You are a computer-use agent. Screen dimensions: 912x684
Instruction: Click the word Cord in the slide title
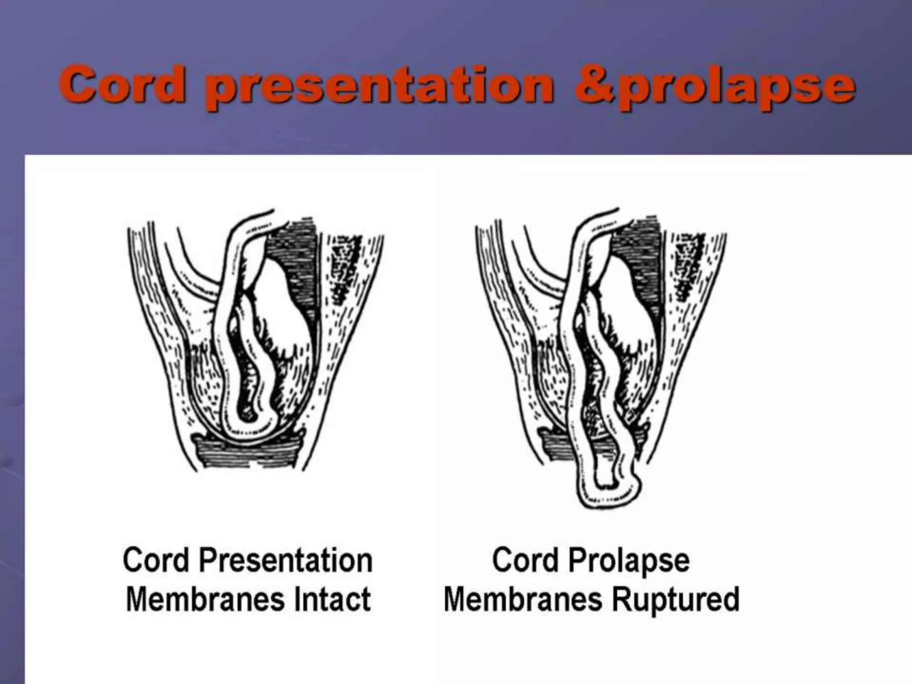tap(122, 85)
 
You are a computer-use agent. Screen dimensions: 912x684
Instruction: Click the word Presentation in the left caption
tap(285, 561)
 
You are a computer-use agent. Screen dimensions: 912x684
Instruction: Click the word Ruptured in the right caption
tap(676, 599)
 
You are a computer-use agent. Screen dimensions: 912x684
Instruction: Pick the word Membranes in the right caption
tap(523, 599)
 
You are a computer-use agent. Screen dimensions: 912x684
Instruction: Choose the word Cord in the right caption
tap(525, 561)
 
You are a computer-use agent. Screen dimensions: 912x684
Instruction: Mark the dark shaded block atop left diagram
tap(296, 258)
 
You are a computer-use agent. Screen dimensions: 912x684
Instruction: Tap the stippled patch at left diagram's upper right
tap(345, 267)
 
